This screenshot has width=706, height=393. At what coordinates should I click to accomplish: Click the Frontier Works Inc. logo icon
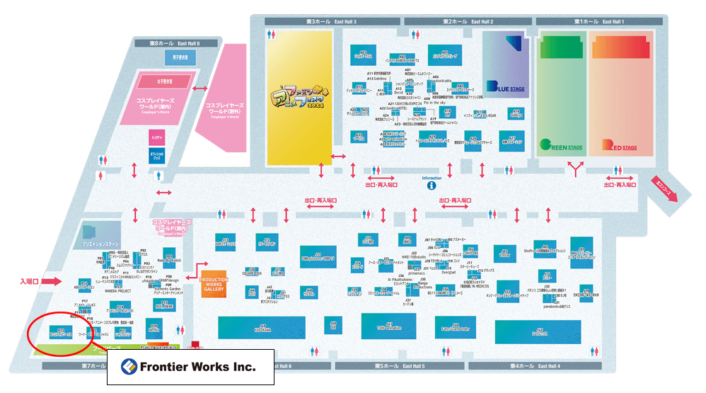(x=127, y=367)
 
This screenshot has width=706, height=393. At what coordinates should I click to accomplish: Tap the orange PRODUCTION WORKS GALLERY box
(x=214, y=283)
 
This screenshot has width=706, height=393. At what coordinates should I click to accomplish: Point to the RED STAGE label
(x=619, y=146)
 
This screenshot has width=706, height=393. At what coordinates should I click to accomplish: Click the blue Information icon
(x=431, y=187)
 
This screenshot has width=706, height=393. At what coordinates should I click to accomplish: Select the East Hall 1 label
(x=599, y=22)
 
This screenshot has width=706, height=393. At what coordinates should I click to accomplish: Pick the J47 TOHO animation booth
(x=388, y=325)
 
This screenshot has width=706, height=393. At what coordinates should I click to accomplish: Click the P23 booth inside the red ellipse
(x=61, y=332)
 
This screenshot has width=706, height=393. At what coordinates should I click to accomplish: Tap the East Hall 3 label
(x=332, y=22)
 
